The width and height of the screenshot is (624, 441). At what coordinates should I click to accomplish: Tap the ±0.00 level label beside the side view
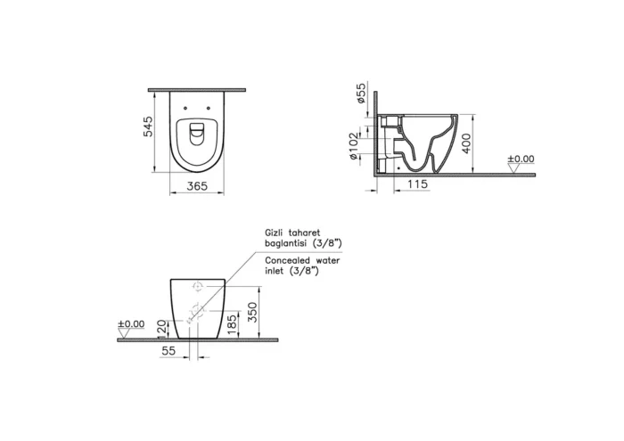521,159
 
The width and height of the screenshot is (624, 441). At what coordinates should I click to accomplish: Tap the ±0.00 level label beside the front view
131,324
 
